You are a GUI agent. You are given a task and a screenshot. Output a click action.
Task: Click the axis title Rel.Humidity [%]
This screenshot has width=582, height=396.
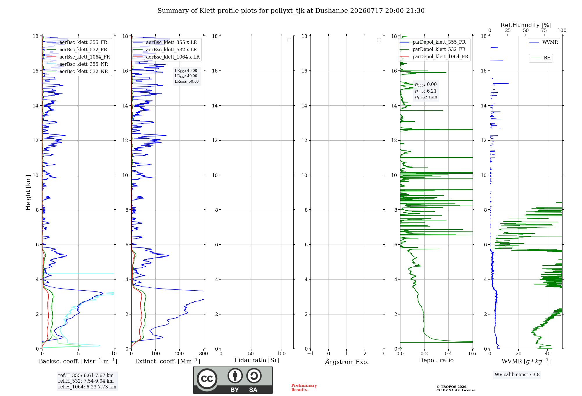click(x=526, y=25)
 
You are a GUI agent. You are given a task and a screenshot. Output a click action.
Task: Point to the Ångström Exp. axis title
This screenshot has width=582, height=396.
click(x=347, y=362)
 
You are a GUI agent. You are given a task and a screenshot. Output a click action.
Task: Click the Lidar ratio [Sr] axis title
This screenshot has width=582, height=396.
click(x=257, y=360)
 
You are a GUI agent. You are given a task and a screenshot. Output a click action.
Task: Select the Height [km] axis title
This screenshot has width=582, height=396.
click(x=28, y=192)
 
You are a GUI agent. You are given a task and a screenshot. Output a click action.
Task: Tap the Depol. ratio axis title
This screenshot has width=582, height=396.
click(x=436, y=360)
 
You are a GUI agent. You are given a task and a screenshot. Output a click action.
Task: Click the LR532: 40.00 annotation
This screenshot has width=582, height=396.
click(x=186, y=76)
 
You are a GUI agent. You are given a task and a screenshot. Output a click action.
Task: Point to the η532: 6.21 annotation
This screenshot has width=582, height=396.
click(x=426, y=91)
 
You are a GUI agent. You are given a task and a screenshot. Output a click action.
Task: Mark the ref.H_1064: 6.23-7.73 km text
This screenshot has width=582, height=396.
click(x=87, y=387)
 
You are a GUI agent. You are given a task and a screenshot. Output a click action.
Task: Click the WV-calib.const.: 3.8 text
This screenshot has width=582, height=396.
click(x=517, y=374)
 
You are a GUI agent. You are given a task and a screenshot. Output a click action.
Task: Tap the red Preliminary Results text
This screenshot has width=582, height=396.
click(x=304, y=388)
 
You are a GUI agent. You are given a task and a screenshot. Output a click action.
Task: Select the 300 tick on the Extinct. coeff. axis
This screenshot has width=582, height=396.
click(x=203, y=353)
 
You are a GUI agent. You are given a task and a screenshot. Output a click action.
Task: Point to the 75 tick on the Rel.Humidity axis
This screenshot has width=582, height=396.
click(x=544, y=31)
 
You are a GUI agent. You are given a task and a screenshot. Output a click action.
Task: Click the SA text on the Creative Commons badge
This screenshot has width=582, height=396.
click(x=253, y=390)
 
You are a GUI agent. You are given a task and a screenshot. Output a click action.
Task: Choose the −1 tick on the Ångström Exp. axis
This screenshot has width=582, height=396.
click(x=310, y=353)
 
